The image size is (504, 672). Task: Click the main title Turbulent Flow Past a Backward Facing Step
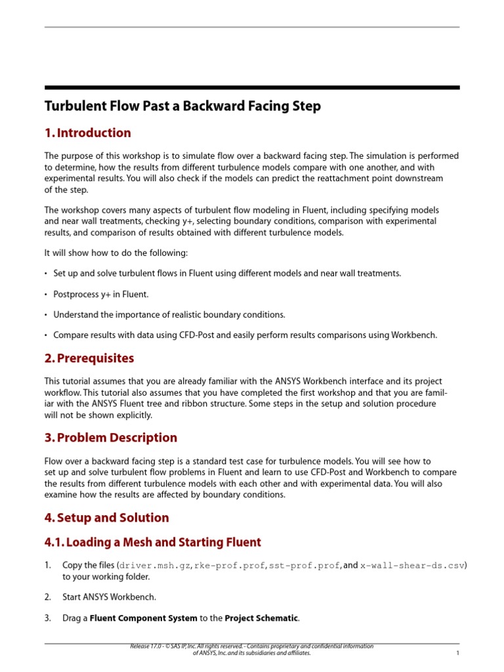[182, 106]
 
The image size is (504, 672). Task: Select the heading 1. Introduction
[87, 133]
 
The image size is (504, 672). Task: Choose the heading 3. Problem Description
[110, 438]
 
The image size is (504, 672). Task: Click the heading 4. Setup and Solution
[106, 518]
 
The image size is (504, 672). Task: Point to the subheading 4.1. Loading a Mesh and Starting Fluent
[152, 543]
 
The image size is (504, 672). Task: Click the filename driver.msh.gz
[154, 565]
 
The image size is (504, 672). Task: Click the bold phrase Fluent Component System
[143, 618]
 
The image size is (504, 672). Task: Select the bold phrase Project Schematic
[261, 618]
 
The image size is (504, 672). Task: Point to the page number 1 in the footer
[457, 654]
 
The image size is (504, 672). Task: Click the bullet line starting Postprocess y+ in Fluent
[101, 295]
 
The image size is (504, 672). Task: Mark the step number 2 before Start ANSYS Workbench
[47, 597]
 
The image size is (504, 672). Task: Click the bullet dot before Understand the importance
[46, 316]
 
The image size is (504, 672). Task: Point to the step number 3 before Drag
[47, 618]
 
